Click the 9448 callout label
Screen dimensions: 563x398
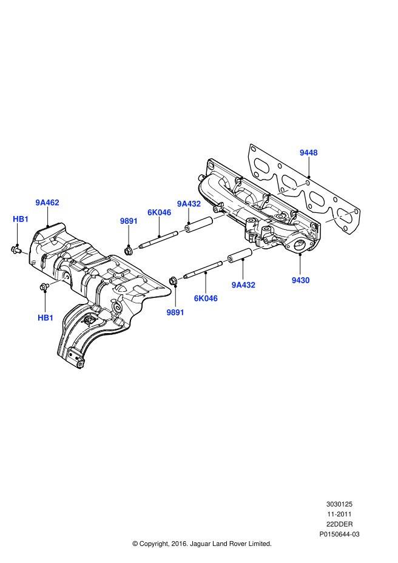[308, 153]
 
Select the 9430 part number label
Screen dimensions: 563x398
[300, 280]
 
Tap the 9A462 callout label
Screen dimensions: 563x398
[47, 203]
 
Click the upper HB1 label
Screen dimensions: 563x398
[21, 219]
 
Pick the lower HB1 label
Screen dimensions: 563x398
[46, 317]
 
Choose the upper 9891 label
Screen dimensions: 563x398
[129, 221]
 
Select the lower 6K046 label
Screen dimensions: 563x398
[206, 298]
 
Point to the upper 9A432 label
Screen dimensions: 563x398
[189, 204]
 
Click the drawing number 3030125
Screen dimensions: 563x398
[339, 504]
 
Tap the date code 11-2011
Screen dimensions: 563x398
[339, 514]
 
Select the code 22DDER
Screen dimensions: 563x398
[339, 524]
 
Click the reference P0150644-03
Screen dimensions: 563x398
[339, 534]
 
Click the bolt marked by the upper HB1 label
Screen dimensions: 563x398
[16, 249]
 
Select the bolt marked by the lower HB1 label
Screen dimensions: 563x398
[44, 286]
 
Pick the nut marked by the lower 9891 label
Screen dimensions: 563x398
[174, 280]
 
